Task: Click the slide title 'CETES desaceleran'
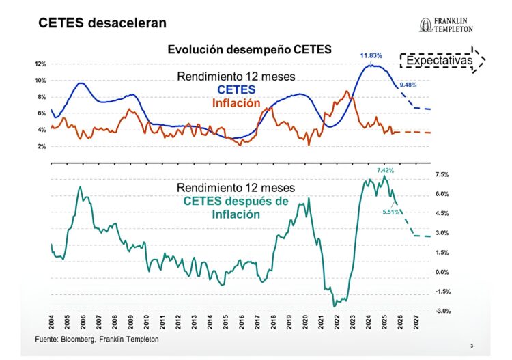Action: tap(102, 24)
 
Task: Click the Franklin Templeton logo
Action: tap(453, 25)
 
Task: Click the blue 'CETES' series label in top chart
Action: tap(236, 90)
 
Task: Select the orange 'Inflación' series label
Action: tap(236, 103)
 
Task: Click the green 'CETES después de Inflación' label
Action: tap(236, 207)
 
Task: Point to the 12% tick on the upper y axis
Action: tap(40, 64)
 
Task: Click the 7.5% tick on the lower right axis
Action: tap(442, 175)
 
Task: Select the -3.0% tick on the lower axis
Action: tap(442, 311)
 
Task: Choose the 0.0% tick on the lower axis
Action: tap(442, 272)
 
